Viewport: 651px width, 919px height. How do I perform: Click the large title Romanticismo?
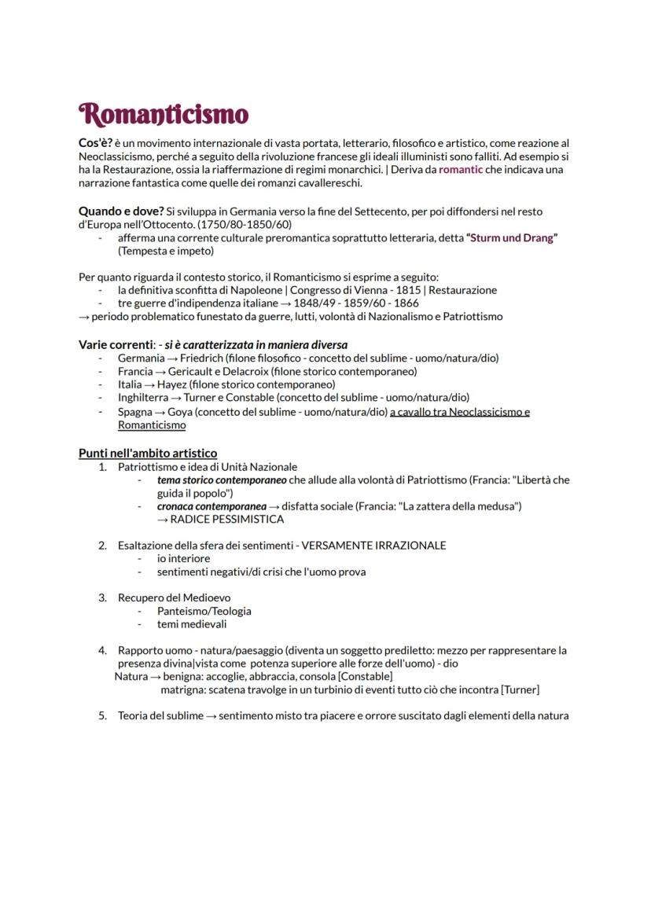[164, 115]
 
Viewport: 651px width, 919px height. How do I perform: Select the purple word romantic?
[461, 169]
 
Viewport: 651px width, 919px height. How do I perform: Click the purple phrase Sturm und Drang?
[511, 238]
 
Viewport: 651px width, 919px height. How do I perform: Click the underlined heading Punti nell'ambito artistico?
[148, 453]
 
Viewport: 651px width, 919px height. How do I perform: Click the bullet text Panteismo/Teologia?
[204, 611]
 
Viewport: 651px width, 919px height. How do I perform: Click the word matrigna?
[182, 689]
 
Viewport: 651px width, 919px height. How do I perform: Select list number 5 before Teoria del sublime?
[102, 715]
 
